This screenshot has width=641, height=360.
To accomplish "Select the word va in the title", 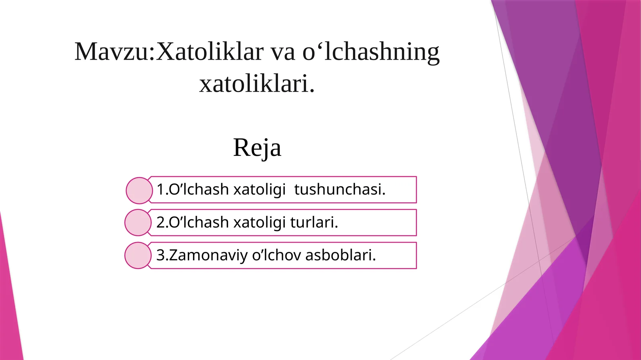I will [x=283, y=52].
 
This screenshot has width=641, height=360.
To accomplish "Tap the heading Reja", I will [x=257, y=148].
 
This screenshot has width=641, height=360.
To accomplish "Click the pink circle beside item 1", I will [x=139, y=191].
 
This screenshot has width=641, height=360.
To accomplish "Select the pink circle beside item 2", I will [x=138, y=222].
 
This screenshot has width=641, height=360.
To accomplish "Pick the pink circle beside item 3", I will [x=138, y=255].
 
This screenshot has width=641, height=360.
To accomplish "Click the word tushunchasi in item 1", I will [x=339, y=189].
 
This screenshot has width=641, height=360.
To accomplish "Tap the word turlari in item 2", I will [x=313, y=222].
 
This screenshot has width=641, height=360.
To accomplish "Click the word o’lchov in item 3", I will [x=276, y=255].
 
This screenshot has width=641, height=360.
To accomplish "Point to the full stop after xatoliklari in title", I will [x=312, y=91].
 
